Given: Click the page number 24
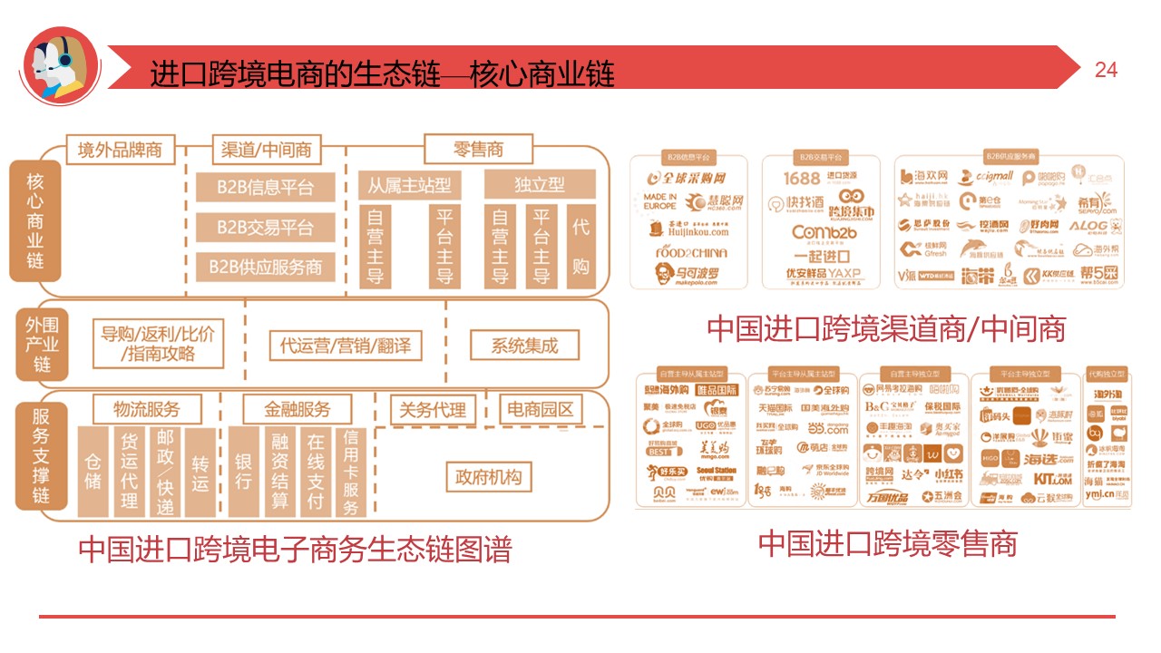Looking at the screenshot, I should pyautogui.click(x=1106, y=70).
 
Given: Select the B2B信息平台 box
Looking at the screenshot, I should pyautogui.click(x=265, y=188).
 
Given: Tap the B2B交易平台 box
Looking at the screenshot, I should pyautogui.click(x=265, y=228).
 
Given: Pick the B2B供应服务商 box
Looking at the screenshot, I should pyautogui.click(x=265, y=267).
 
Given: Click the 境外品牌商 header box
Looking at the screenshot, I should pyautogui.click(x=120, y=150).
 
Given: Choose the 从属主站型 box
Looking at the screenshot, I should pyautogui.click(x=409, y=185).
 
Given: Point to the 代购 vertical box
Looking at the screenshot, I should pyautogui.click(x=580, y=246).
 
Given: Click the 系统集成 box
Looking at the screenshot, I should pyautogui.click(x=524, y=345).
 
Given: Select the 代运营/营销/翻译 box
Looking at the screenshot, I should pyautogui.click(x=345, y=346).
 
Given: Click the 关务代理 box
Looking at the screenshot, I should pyautogui.click(x=433, y=410).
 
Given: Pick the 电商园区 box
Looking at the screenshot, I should pyautogui.click(x=541, y=410).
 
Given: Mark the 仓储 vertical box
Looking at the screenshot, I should pyautogui.click(x=93, y=473).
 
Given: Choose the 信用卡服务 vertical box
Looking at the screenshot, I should pyautogui.click(x=351, y=473).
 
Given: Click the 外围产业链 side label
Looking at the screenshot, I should pyautogui.click(x=42, y=346).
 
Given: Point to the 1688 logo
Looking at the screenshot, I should pyautogui.click(x=802, y=179).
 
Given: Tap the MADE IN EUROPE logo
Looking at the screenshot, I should pyautogui.click(x=660, y=201).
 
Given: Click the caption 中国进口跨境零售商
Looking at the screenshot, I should pyautogui.click(x=887, y=543).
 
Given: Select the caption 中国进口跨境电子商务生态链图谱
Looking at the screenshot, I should pyautogui.click(x=295, y=550).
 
